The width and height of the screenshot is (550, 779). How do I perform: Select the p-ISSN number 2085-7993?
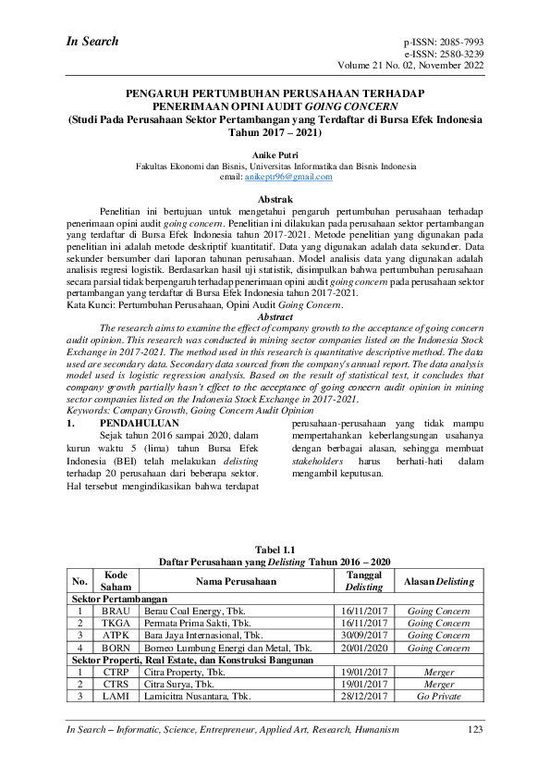coord(460,43)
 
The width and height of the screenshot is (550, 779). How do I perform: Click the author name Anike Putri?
coord(275,147)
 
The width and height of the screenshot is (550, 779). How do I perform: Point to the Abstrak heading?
coord(275,200)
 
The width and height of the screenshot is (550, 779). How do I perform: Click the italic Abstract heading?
coord(275,316)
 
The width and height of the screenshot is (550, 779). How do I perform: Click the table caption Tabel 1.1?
coord(275,550)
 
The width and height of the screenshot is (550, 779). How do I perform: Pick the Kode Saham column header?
coord(116,581)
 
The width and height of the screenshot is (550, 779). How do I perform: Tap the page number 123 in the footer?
coord(475,730)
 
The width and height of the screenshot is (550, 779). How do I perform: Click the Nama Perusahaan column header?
coord(235,581)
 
